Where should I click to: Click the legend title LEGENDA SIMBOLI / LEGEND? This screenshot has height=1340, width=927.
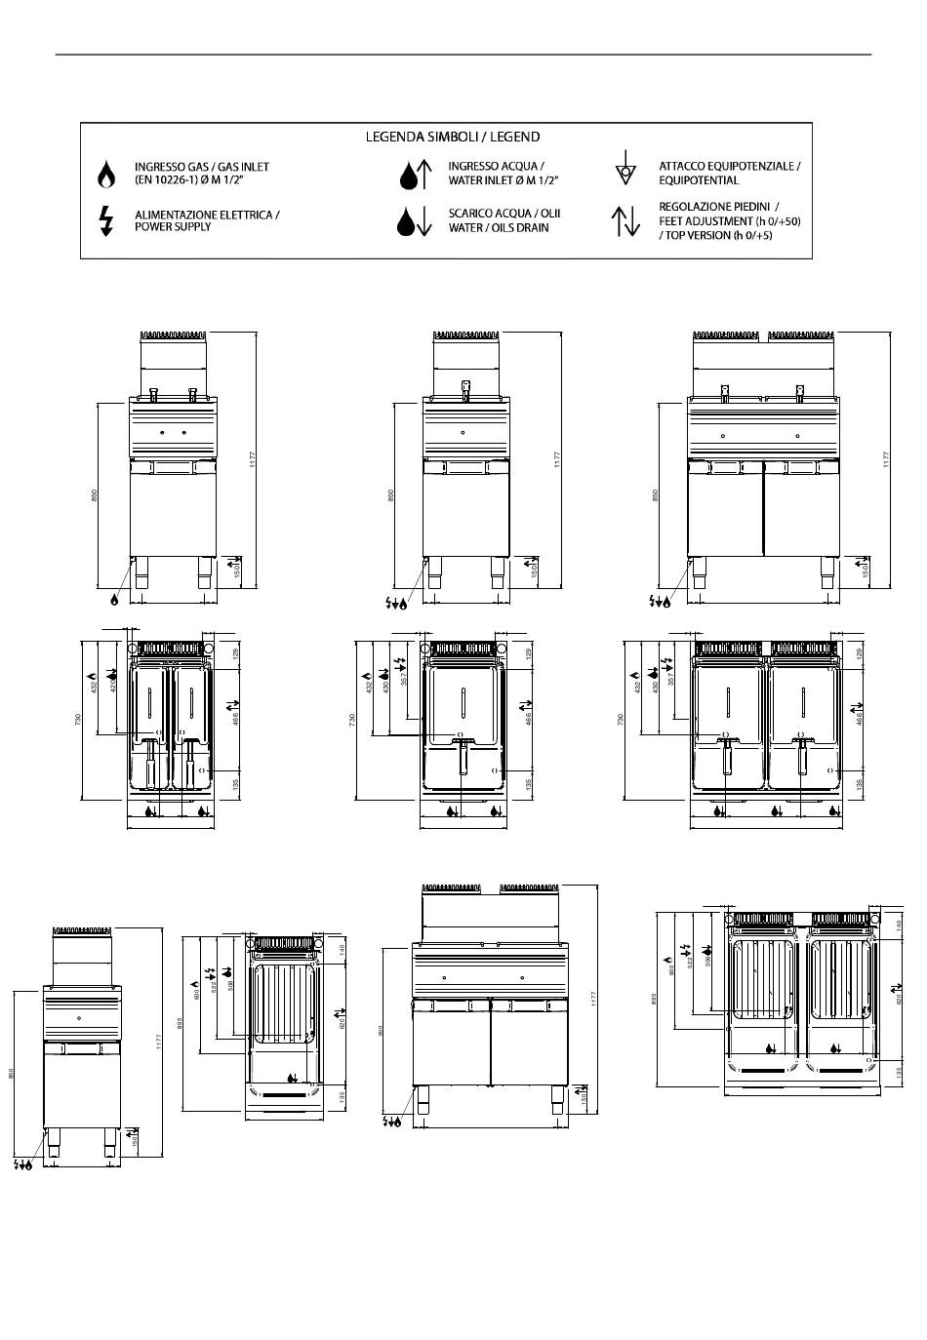pyautogui.click(x=452, y=137)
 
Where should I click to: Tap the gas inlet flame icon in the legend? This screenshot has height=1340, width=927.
pyautogui.click(x=106, y=175)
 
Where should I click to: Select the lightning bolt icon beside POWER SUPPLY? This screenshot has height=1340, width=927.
pyautogui.click(x=106, y=220)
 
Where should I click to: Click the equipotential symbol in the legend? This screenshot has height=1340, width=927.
pyautogui.click(x=625, y=169)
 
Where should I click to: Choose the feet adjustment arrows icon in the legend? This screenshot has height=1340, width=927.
pyautogui.click(x=625, y=221)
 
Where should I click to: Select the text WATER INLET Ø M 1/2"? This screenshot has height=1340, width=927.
pyautogui.click(x=504, y=180)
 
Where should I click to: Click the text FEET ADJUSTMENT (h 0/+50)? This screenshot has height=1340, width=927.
pyautogui.click(x=730, y=221)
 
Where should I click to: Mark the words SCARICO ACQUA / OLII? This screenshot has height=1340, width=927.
pyautogui.click(x=504, y=213)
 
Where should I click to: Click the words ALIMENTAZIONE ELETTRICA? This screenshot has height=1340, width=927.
pyautogui.click(x=207, y=214)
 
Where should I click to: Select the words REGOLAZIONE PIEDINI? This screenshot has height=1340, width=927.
pyautogui.click(x=719, y=207)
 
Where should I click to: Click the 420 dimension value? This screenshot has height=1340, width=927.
pyautogui.click(x=112, y=686)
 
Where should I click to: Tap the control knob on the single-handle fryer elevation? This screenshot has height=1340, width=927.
pyautogui.click(x=464, y=432)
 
